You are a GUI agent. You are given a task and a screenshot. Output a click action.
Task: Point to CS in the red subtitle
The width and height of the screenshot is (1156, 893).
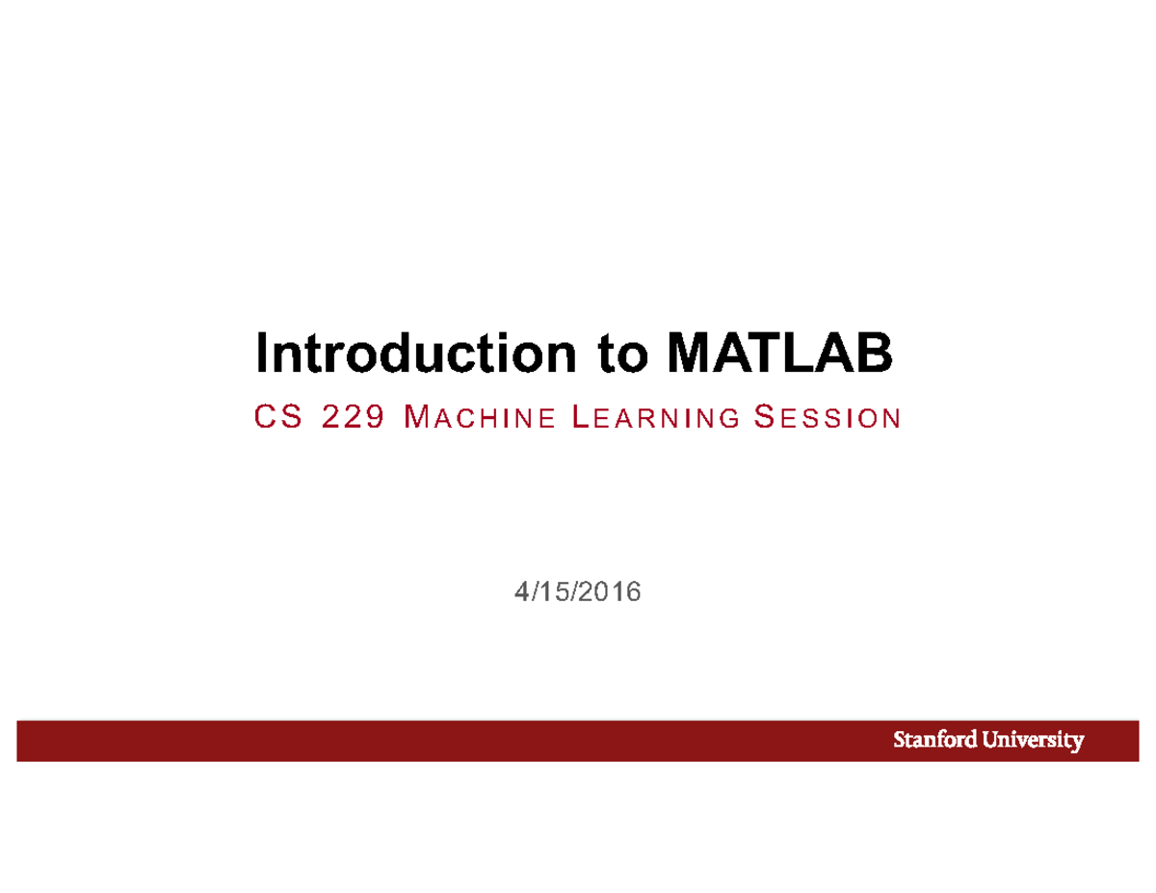pos(275,417)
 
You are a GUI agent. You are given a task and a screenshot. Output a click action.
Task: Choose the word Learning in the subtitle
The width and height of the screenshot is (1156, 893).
pos(655,418)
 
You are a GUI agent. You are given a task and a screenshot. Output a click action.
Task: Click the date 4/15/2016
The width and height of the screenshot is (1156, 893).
pos(577,592)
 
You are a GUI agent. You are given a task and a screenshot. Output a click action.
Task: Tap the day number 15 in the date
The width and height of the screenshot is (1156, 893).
pos(551,592)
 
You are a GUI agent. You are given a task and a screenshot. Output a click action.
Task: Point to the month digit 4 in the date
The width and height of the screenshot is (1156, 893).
pos(521,592)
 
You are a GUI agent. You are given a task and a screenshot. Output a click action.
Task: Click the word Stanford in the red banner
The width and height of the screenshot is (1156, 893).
pos(933,741)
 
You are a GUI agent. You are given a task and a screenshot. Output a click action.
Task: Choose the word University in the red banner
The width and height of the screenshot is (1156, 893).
pos(1031,741)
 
